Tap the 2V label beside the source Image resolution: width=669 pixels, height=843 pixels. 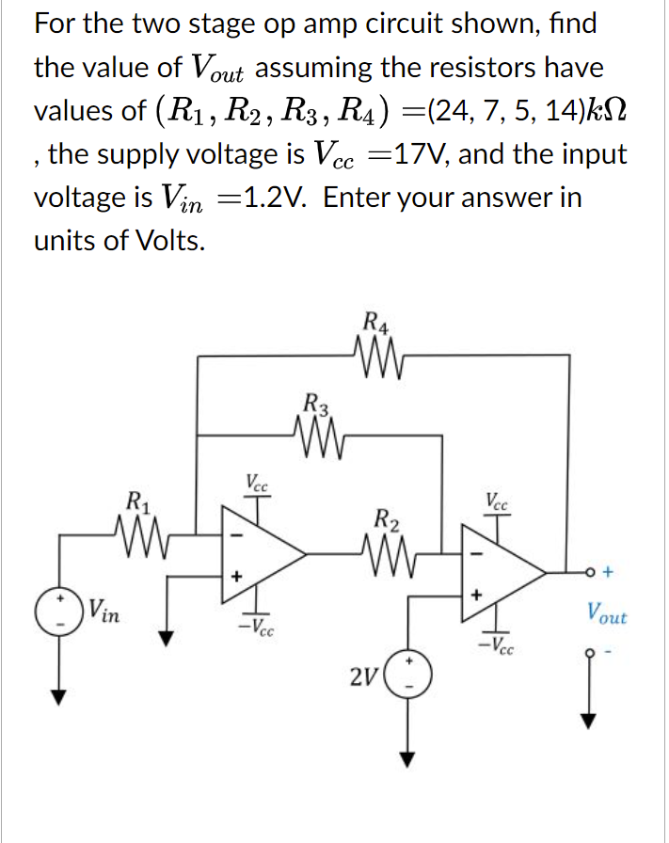(x=363, y=676)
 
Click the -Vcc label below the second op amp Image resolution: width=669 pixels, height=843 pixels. (x=498, y=647)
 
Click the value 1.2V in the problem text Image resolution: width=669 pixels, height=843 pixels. (x=272, y=198)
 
